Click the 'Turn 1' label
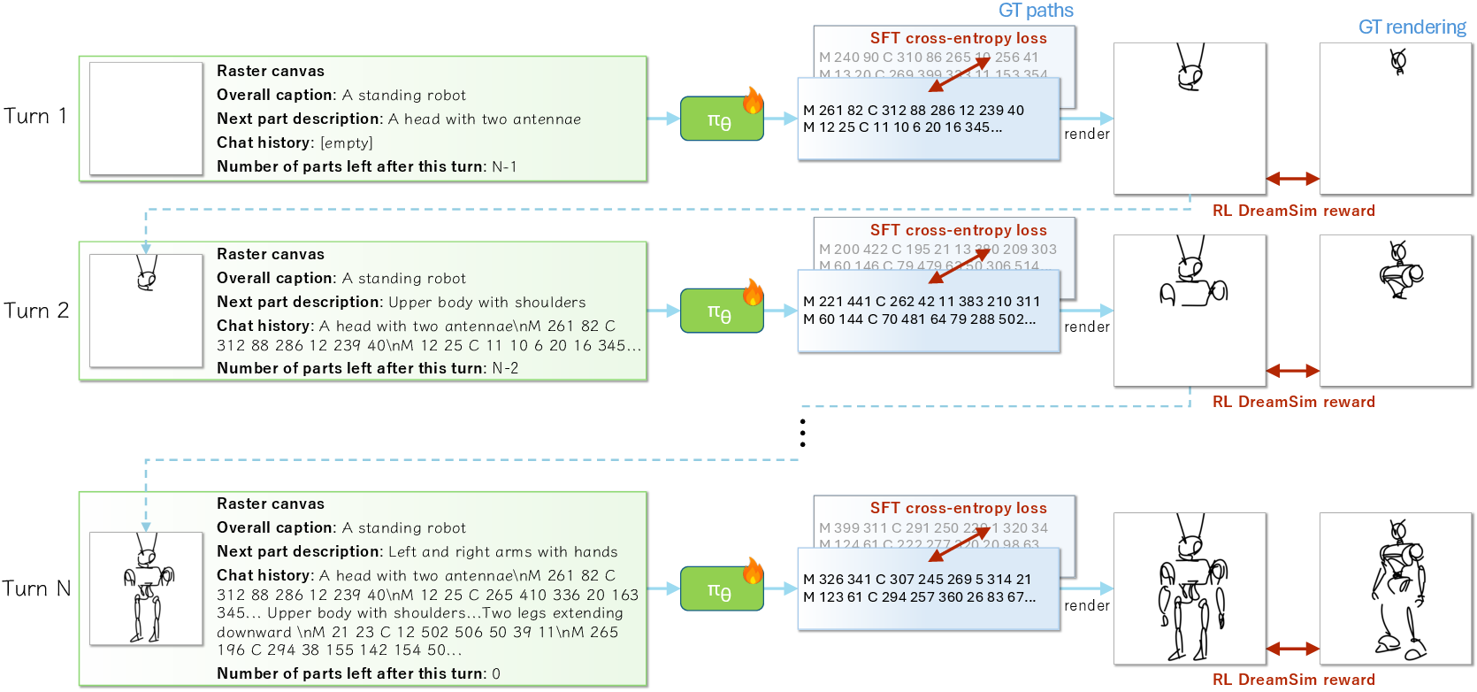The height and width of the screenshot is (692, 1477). (x=35, y=116)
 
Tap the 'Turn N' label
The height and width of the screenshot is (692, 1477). (x=36, y=588)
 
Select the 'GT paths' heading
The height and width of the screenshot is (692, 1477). (x=1035, y=11)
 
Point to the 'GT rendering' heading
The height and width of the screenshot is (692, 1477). (x=1412, y=27)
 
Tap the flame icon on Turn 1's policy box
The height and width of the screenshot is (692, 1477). (x=753, y=100)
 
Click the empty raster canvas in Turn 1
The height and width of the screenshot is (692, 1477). (x=146, y=119)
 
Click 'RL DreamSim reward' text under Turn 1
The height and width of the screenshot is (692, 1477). (x=1293, y=211)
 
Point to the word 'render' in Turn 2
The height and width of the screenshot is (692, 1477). (x=1086, y=327)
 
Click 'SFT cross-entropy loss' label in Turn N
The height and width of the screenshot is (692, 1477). (x=958, y=508)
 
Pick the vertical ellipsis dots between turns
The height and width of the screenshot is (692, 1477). (x=802, y=433)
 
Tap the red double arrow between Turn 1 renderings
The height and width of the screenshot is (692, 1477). (x=1292, y=179)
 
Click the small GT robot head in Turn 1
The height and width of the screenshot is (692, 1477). (x=1397, y=62)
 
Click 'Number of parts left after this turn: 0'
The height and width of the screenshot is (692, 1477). (x=358, y=673)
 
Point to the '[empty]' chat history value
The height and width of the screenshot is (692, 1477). (x=347, y=142)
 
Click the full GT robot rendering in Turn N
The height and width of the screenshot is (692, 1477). (x=1397, y=588)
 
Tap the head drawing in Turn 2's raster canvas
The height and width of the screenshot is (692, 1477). (x=146, y=273)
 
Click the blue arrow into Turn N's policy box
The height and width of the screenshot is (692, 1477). (x=663, y=588)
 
